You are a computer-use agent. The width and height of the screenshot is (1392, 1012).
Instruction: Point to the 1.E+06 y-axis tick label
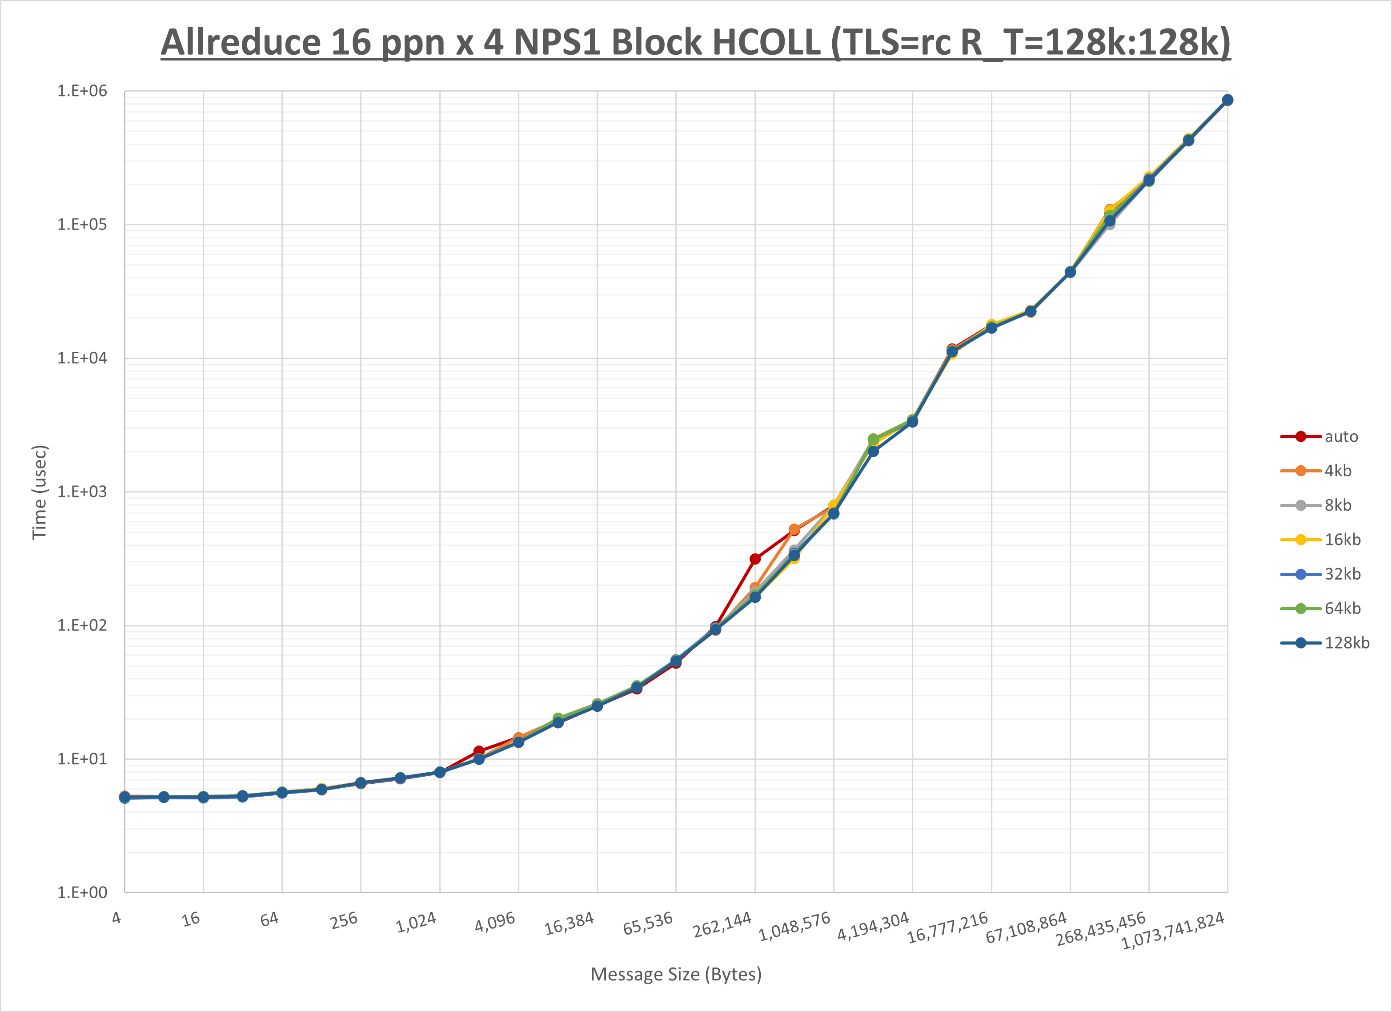click(x=82, y=91)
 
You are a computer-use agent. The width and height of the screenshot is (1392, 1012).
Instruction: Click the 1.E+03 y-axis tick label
click(x=82, y=492)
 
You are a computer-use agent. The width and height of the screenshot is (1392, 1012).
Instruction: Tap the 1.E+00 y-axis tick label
click(x=82, y=892)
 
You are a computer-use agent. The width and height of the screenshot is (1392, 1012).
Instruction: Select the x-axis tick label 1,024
click(x=416, y=922)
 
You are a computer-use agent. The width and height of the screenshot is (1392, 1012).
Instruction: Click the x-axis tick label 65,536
click(x=647, y=923)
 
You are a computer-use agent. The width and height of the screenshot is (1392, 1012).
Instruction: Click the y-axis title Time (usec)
click(x=39, y=492)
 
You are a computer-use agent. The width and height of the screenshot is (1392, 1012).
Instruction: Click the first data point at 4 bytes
click(x=124, y=797)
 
